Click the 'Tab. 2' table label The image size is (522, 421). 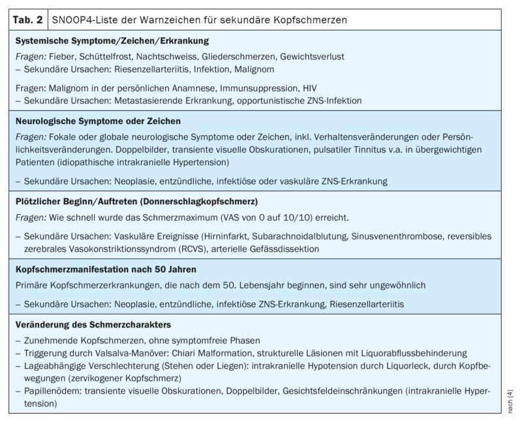pyautogui.click(x=27, y=20)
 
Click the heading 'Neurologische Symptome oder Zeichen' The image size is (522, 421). pyautogui.click(x=98, y=121)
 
